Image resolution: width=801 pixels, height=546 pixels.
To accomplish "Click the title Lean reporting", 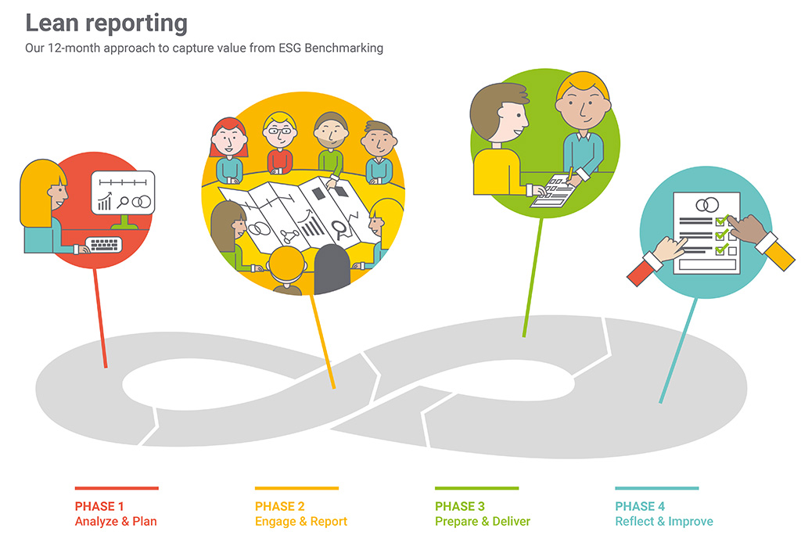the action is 106,23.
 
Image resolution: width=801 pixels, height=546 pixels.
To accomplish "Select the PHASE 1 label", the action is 99,506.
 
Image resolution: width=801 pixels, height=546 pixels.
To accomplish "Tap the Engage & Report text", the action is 301,522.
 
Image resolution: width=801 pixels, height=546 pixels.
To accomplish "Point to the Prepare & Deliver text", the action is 483,522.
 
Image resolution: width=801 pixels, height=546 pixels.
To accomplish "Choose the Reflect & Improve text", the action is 664,522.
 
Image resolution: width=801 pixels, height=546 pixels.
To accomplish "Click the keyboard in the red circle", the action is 104,245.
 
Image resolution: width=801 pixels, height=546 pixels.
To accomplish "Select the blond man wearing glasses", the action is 279,143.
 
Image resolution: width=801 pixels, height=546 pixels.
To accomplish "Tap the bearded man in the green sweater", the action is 331,145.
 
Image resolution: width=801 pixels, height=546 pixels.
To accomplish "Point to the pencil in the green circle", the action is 569,174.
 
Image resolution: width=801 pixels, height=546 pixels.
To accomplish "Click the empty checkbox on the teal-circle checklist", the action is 732,251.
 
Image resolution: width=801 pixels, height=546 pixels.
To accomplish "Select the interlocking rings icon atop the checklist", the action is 707,205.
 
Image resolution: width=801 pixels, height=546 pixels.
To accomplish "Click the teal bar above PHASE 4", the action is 657,488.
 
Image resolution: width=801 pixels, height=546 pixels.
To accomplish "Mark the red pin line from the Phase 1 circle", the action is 100,318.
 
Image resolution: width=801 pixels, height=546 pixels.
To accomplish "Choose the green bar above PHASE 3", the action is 476,488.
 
